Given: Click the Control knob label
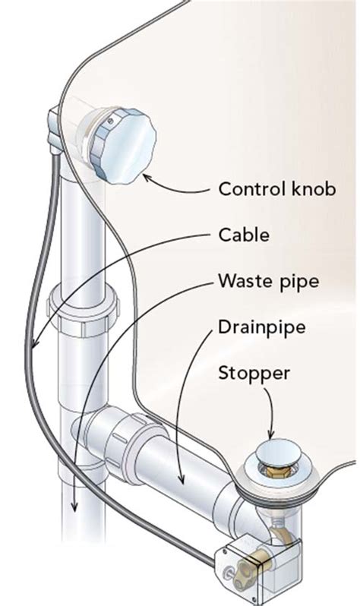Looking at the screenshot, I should [276, 188].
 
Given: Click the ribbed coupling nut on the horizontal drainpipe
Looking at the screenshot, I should [121, 434].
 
